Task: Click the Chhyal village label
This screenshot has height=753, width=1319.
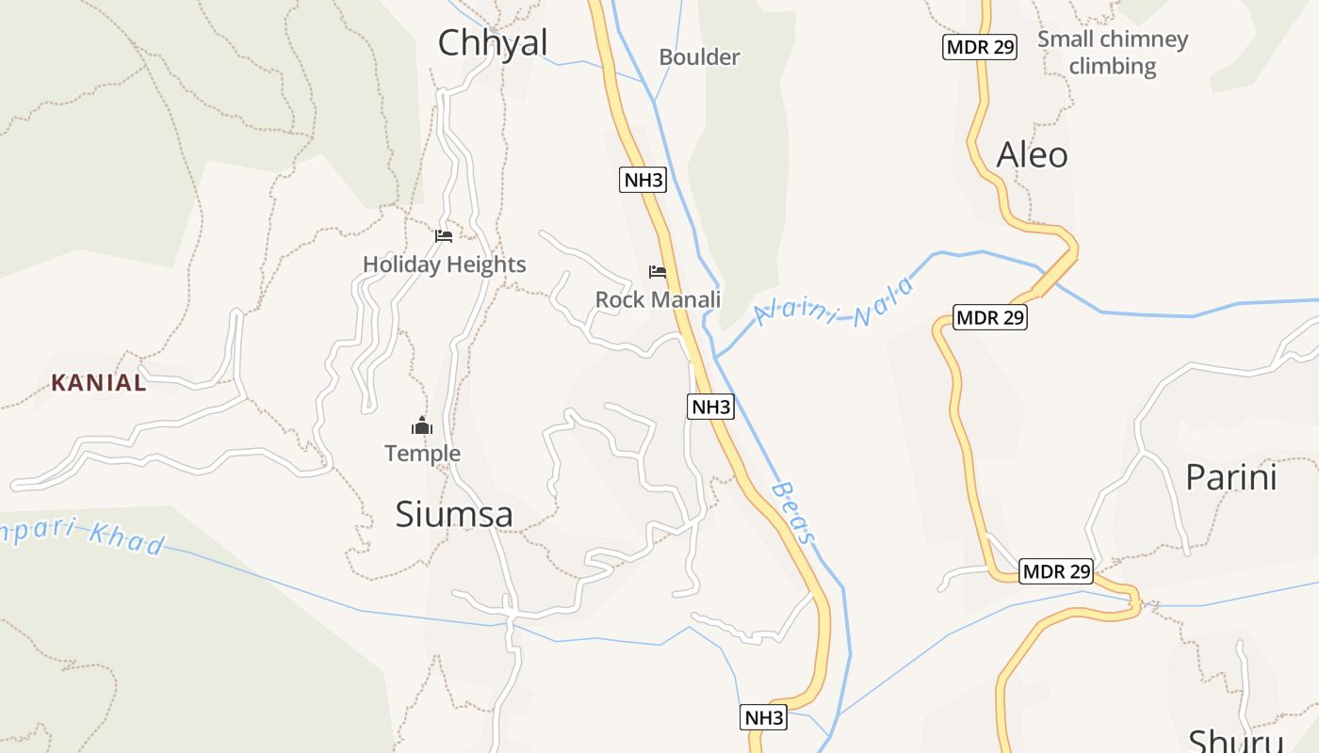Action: click(x=493, y=43)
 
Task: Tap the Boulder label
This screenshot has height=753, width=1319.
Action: click(x=699, y=57)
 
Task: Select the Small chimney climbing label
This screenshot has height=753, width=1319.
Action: click(x=1113, y=53)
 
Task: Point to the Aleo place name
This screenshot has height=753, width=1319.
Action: click(x=1032, y=154)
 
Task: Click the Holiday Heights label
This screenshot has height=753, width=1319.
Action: click(x=444, y=264)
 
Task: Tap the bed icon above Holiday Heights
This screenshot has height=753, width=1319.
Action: click(x=444, y=235)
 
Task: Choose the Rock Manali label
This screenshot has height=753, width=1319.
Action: click(x=658, y=299)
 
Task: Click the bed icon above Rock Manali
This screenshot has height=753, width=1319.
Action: click(x=658, y=272)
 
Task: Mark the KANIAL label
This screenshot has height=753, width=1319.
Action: click(x=99, y=383)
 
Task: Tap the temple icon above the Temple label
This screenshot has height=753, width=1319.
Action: click(x=422, y=426)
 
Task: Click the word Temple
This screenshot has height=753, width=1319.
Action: click(x=422, y=454)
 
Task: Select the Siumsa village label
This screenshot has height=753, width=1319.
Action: click(x=454, y=515)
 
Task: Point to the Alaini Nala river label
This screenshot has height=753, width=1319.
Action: click(x=835, y=303)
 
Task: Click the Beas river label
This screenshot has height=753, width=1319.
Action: click(x=792, y=514)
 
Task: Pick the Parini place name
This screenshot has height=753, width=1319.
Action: click(x=1230, y=477)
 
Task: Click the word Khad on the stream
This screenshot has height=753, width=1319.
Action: click(x=127, y=539)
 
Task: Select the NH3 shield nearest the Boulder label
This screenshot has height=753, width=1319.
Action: click(x=643, y=180)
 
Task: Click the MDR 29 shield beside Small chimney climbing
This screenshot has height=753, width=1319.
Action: click(x=980, y=47)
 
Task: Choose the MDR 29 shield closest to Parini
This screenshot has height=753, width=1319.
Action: click(x=1056, y=571)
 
